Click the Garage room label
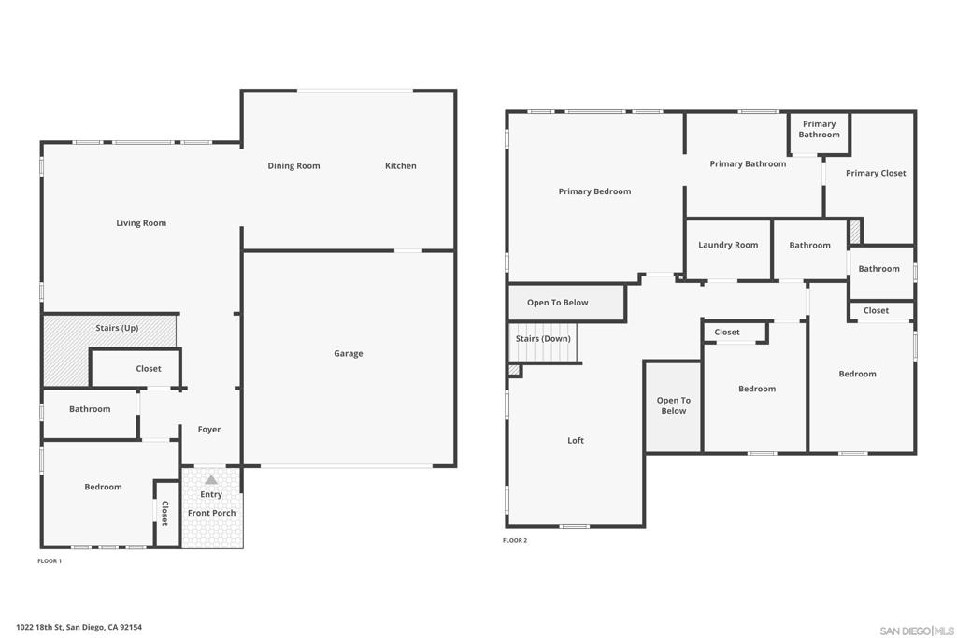point(349,354)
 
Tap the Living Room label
point(141,223)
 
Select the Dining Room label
point(293,166)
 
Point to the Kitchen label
point(401,166)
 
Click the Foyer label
point(209,430)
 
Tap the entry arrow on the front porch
point(211,480)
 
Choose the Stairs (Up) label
point(117,328)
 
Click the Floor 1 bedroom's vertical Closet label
point(164,513)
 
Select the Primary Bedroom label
point(594,191)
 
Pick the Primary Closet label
point(876,173)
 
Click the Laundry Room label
point(728,245)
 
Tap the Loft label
point(576,441)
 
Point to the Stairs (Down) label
point(543,339)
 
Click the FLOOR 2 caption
point(515,541)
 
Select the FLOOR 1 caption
point(50,561)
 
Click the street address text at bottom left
point(79,628)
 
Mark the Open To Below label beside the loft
point(673,406)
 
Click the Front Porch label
point(211,513)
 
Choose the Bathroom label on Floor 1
point(90,409)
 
